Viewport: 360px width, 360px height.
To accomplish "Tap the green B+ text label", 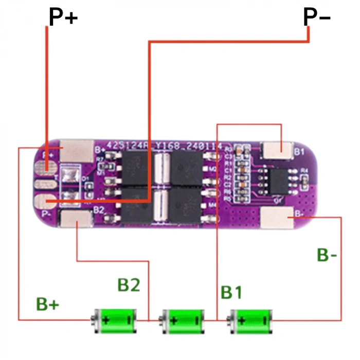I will pos(48,304).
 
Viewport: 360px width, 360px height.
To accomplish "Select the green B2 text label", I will pos(129,285).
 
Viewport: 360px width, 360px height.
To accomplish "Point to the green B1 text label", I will pos(231,292).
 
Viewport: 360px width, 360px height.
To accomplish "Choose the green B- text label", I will pos(327,255).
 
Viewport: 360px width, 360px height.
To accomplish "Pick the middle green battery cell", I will pos(183,319).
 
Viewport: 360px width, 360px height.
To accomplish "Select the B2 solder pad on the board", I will pos(76,219).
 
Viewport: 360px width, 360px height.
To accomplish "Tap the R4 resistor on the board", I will pos(304,178).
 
